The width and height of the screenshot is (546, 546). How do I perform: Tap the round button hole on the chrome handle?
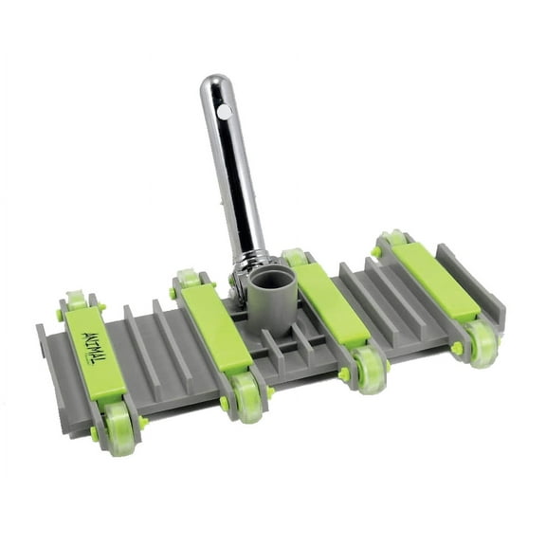(224, 112)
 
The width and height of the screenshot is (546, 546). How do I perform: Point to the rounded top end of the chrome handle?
(217, 84)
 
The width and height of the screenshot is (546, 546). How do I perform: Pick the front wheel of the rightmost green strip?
(482, 341)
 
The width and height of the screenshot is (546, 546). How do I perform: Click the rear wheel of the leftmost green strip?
(76, 301)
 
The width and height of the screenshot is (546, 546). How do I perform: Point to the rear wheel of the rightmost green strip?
(391, 239)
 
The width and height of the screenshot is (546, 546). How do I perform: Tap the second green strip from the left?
(216, 328)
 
